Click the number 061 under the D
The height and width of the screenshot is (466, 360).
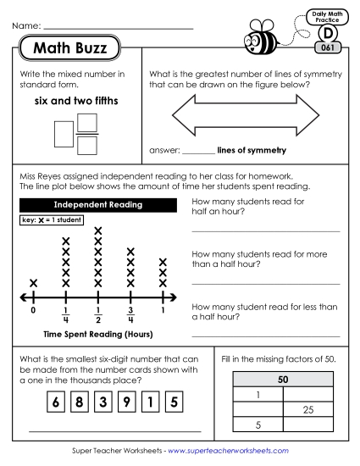(327, 47)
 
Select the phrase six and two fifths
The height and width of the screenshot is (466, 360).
(75, 103)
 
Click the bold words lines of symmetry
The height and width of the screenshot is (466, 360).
(252, 151)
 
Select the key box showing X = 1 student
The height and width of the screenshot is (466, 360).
(49, 220)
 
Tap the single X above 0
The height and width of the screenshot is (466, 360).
(33, 283)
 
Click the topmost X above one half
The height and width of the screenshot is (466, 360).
(98, 230)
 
